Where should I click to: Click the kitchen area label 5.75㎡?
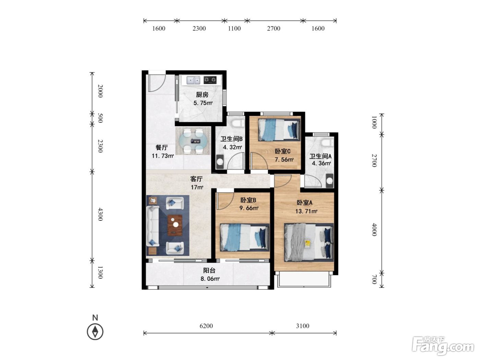tap(203, 103)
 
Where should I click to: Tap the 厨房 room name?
tap(202, 95)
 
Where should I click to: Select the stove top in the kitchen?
tap(210, 80)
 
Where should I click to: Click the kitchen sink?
tap(193, 80)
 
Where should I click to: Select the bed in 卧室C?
tap(279, 130)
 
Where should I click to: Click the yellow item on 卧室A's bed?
tap(308, 244)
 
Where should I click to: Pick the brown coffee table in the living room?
tap(175, 225)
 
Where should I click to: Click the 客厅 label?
tap(196, 179)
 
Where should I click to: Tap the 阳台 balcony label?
tap(209, 271)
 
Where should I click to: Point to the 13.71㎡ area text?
tap(306, 211)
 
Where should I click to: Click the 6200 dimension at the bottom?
tap(206, 326)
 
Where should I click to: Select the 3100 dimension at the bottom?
tap(302, 326)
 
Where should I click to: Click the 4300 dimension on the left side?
tap(100, 214)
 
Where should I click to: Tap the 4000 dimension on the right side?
tap(374, 229)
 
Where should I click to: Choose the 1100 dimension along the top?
tap(234, 28)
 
